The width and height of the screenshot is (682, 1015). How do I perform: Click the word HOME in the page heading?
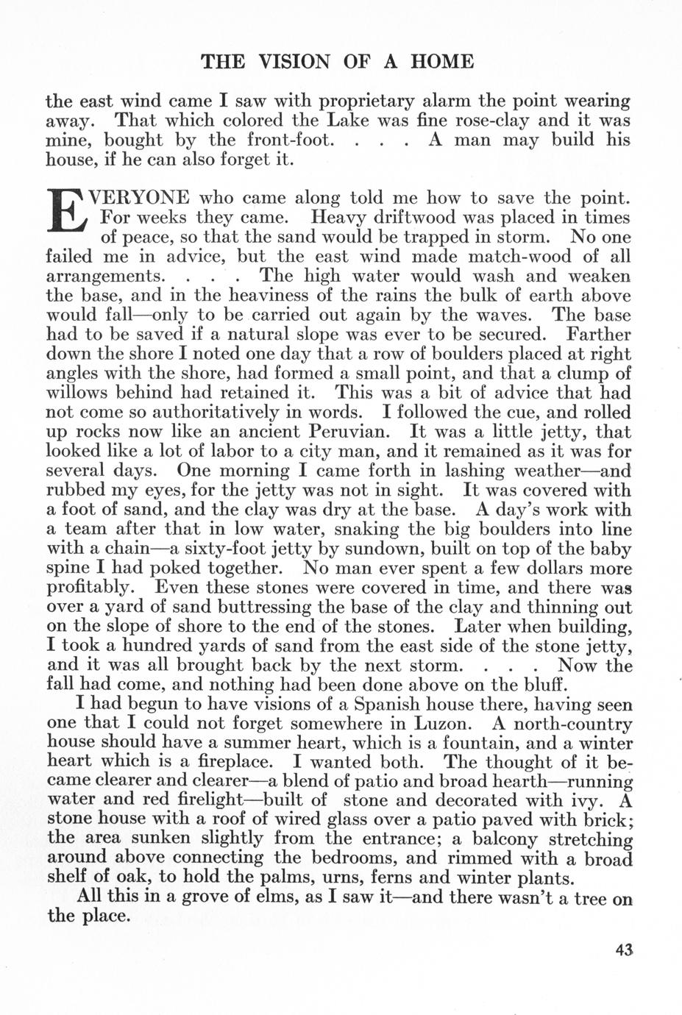[x=441, y=62]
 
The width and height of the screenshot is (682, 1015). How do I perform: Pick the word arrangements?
[x=103, y=277]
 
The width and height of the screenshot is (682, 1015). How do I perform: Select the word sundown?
[x=394, y=549]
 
